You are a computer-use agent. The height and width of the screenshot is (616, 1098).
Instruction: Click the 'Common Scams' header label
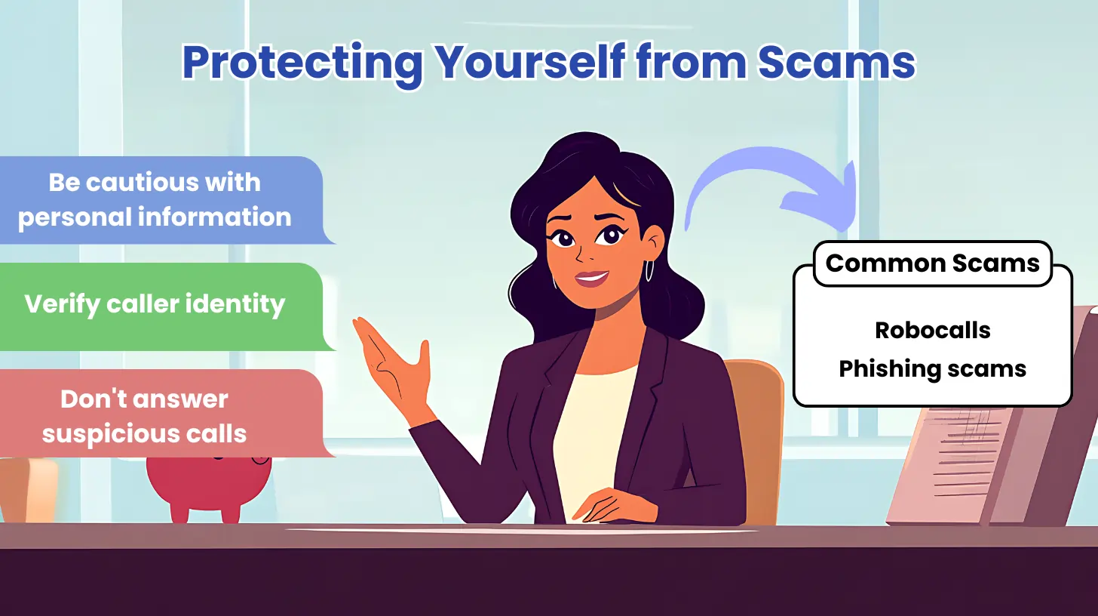pyautogui.click(x=932, y=263)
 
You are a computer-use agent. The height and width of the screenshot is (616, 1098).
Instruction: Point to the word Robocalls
pyautogui.click(x=932, y=331)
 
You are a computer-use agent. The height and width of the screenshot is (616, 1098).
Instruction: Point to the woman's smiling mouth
pyautogui.click(x=591, y=279)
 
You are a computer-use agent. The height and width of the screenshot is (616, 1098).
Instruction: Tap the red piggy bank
pyautogui.click(x=208, y=487)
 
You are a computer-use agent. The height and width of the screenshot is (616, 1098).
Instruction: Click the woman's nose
pyautogui.click(x=582, y=252)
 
